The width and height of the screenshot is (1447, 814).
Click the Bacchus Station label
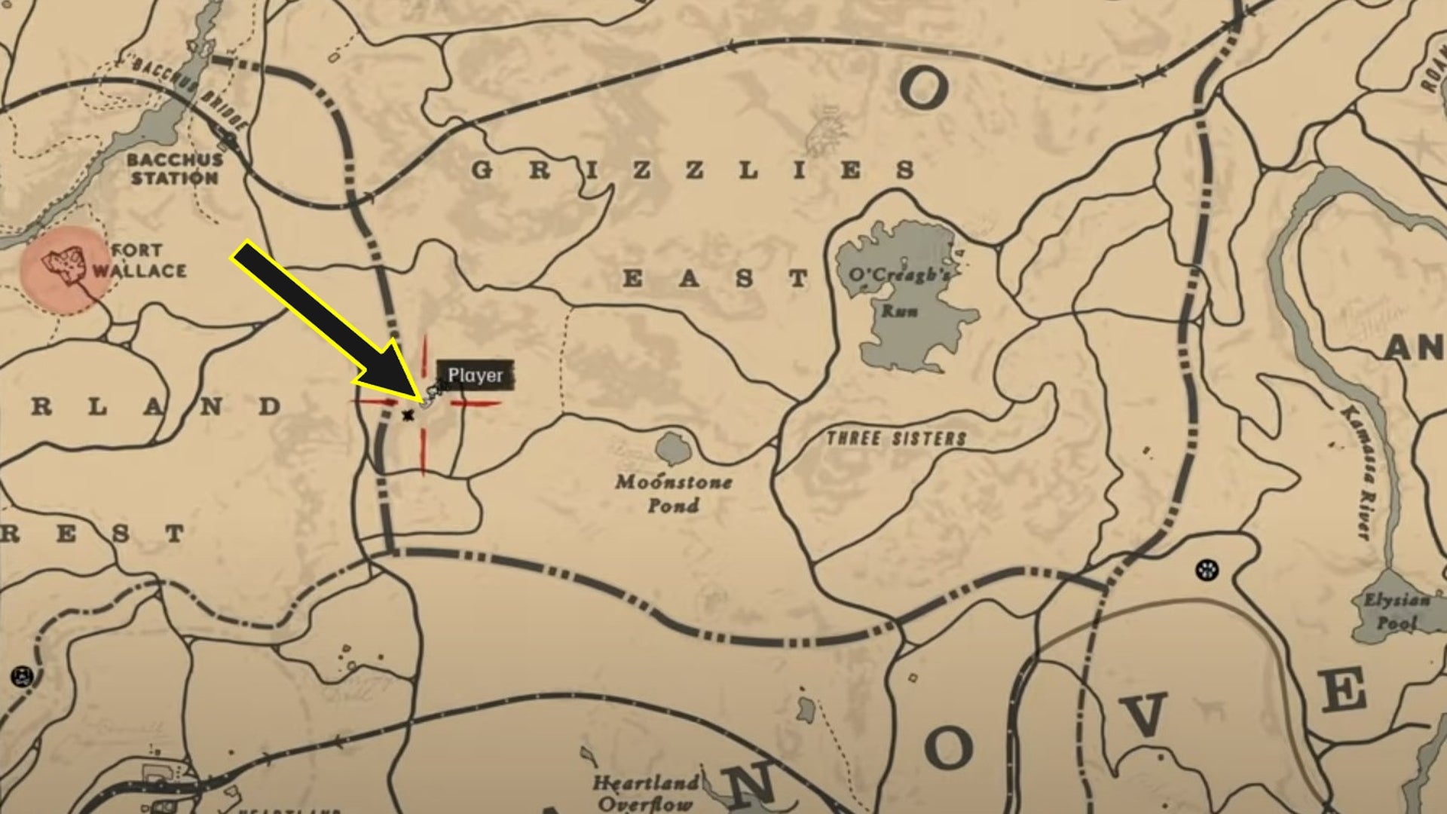tap(174, 169)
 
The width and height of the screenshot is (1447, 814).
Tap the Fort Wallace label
tap(139, 260)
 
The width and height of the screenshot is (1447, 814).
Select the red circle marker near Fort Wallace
tap(63, 269)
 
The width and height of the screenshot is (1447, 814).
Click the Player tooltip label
tap(475, 375)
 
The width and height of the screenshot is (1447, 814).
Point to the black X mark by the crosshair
tap(408, 415)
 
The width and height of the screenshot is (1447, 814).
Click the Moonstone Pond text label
tap(673, 493)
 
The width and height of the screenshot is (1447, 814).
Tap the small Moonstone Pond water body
tap(673, 449)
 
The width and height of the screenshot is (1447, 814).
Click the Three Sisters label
tap(896, 439)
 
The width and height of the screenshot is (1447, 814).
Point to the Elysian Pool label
tap(1397, 611)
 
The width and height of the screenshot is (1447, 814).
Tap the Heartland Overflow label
tap(645, 793)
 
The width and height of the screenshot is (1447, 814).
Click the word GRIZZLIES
tap(693, 170)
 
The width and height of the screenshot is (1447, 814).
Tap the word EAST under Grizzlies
tap(716, 279)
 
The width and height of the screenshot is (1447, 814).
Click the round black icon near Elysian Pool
tap(1207, 569)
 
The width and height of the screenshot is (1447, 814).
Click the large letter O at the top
tap(923, 88)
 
